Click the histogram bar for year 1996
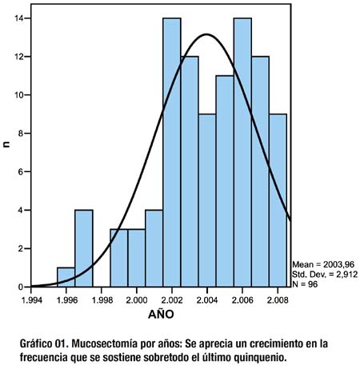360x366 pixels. pos(66,277)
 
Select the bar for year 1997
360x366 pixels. pos(84,248)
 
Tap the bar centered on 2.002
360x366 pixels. pos(172,152)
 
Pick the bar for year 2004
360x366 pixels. pos(207,200)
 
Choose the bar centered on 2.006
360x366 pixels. pos(242,152)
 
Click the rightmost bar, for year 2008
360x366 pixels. pos(278,200)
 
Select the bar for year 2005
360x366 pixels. pos(225,181)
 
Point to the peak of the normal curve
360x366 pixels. pos(206,34)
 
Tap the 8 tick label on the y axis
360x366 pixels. pos(21,134)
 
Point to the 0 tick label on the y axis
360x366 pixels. pos(21,288)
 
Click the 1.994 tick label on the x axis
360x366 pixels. pos(32,300)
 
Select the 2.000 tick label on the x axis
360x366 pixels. pos(137,300)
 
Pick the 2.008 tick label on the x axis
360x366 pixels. pos(278,300)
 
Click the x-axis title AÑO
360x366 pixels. pos(161,314)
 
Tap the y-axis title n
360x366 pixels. pos(7,144)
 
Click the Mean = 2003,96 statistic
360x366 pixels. pos(323,264)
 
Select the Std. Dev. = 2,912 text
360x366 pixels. pos(325,275)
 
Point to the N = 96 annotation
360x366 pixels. pos(305,284)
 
